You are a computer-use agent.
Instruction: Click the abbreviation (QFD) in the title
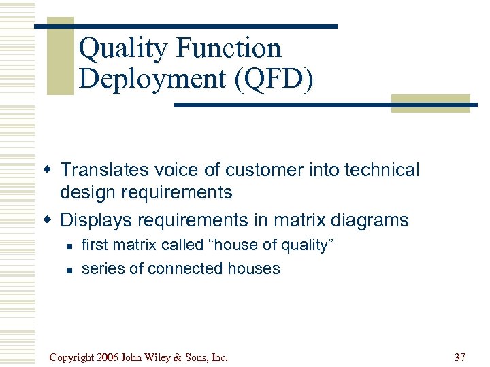click(x=274, y=79)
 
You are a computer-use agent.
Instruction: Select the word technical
click(x=382, y=170)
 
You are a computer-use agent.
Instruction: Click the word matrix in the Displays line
click(x=297, y=220)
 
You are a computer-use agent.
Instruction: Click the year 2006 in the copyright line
click(x=109, y=357)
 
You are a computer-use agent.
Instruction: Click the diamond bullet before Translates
click(x=48, y=170)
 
